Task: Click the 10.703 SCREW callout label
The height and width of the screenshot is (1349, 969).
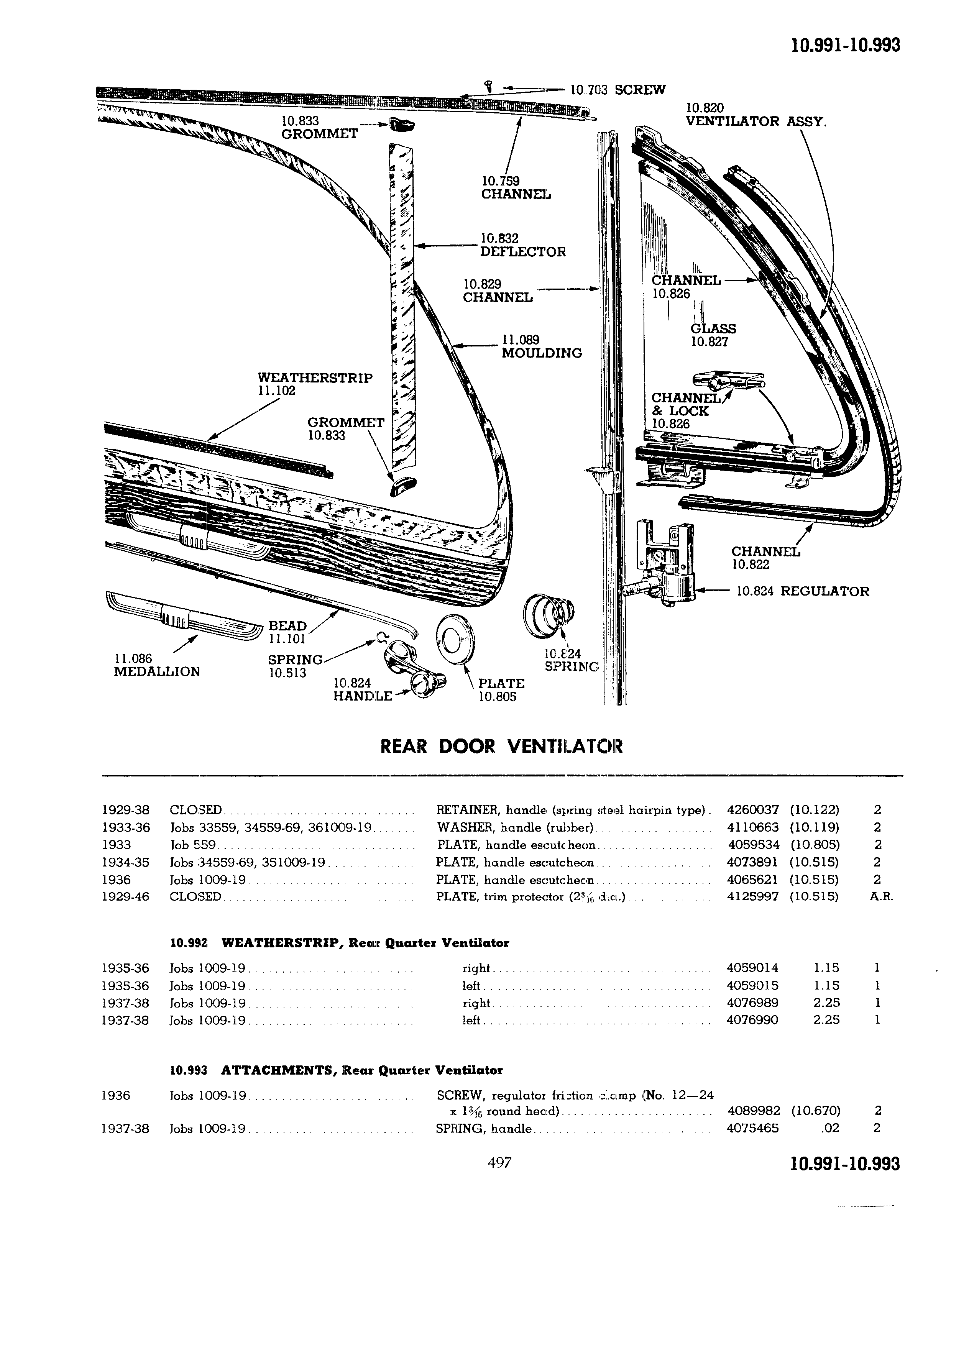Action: (x=618, y=90)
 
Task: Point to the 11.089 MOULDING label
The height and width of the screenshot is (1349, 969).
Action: (x=541, y=346)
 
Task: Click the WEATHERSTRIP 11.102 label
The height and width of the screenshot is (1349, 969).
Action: (x=315, y=384)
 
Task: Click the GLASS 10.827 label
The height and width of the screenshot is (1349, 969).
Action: (x=713, y=335)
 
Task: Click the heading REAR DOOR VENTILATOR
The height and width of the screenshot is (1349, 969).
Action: (x=501, y=747)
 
